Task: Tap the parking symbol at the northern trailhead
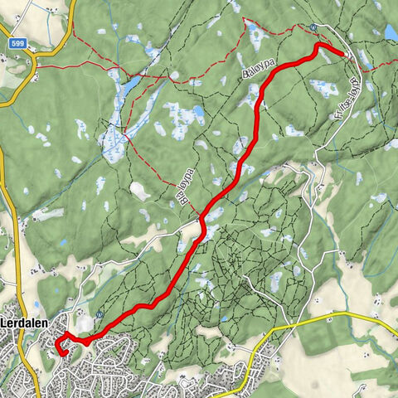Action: click(313, 27)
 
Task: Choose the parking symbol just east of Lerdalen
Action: click(99, 314)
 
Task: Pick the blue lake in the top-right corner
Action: click(390, 32)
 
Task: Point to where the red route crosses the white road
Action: click(201, 221)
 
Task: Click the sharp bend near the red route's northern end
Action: click(317, 46)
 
